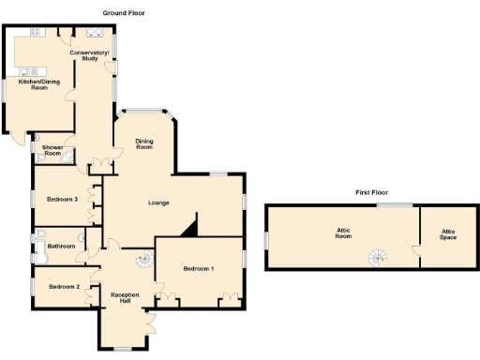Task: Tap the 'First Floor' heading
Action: pos(371,192)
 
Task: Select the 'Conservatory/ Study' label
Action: pos(90,55)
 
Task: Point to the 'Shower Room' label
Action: pos(52,150)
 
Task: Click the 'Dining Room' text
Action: pos(144,144)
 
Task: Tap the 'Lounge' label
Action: pos(158,202)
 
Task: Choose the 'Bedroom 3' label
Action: pos(62,199)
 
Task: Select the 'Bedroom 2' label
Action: pos(63,286)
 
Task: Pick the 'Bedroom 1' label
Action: pos(199,269)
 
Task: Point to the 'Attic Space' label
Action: pos(449,232)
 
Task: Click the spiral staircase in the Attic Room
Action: pos(377,256)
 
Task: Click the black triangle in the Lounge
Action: pos(191,226)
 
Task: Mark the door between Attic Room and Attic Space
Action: pos(415,250)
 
